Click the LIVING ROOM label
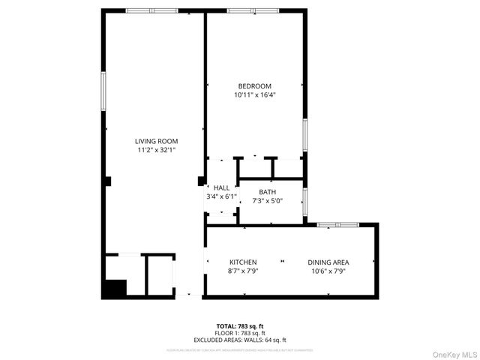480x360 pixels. pyautogui.click(x=156, y=141)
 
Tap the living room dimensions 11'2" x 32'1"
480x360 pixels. pyautogui.click(x=156, y=150)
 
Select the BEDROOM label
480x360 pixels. pyautogui.click(x=254, y=86)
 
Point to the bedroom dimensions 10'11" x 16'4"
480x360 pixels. pyautogui.click(x=254, y=95)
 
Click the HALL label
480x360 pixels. pyautogui.click(x=221, y=187)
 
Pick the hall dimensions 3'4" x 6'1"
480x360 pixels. pyautogui.click(x=221, y=196)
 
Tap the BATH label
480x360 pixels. pyautogui.click(x=268, y=192)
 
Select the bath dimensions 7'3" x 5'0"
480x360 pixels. pyautogui.click(x=268, y=201)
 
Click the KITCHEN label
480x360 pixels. pyautogui.click(x=243, y=262)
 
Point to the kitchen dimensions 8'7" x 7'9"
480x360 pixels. pyautogui.click(x=243, y=271)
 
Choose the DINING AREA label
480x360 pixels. pyautogui.click(x=328, y=262)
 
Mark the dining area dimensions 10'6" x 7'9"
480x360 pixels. pyautogui.click(x=328, y=271)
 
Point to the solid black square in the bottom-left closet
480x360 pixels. pyautogui.click(x=115, y=288)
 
